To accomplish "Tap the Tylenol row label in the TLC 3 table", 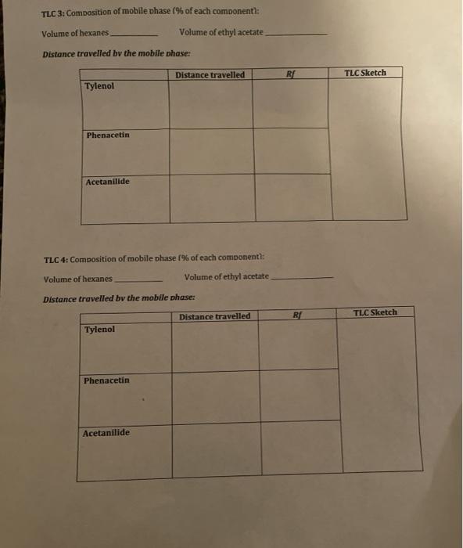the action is point(99,85).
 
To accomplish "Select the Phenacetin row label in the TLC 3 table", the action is point(108,135).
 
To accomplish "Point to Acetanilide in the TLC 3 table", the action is point(108,182).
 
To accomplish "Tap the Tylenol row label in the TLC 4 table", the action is point(99,330).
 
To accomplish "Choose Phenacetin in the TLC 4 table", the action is point(106,380).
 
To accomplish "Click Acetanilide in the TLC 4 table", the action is point(106,433).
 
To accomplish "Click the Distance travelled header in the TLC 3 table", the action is point(210,75).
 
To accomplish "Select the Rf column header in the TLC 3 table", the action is point(290,75).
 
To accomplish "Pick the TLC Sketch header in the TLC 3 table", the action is point(365,73).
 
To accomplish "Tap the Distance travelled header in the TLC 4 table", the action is point(215,316).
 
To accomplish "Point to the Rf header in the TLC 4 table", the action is point(296,315).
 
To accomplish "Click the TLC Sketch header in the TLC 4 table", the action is point(375,312).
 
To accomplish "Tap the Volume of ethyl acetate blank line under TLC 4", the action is point(301,279).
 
